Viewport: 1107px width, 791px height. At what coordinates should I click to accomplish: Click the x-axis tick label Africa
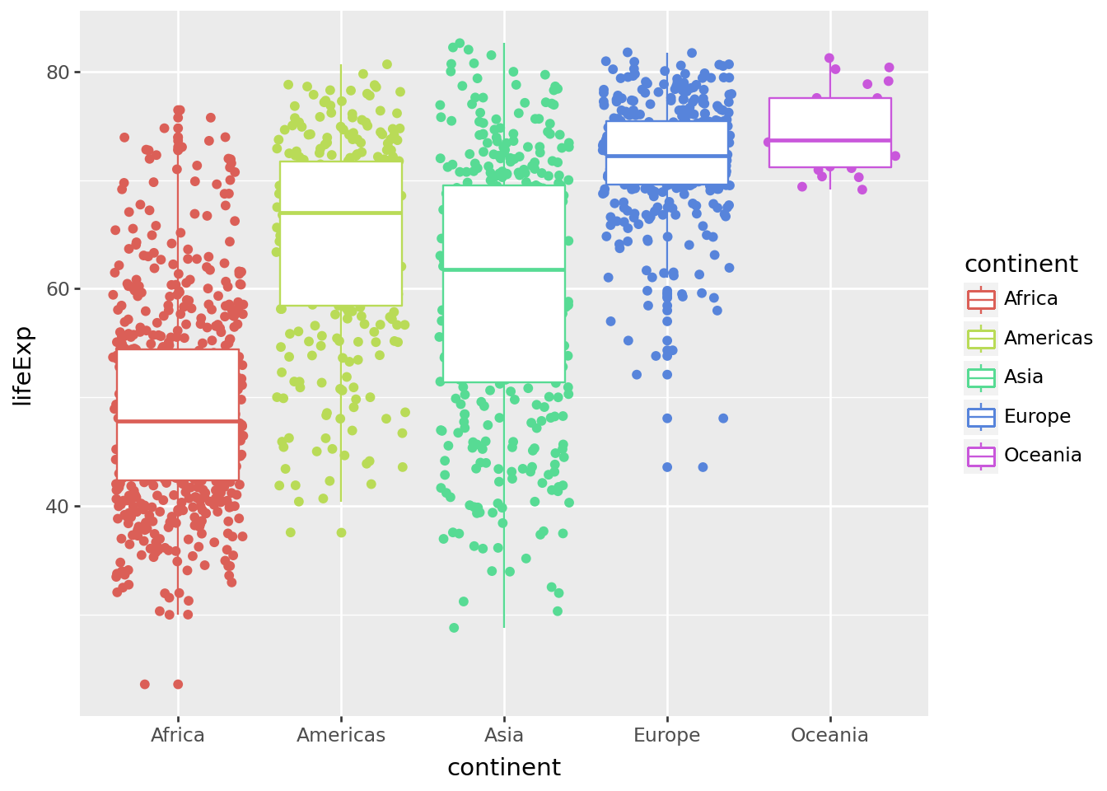click(x=178, y=735)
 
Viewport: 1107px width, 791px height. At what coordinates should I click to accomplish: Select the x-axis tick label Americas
click(x=341, y=735)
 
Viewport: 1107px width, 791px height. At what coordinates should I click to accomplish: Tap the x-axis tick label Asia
click(x=504, y=735)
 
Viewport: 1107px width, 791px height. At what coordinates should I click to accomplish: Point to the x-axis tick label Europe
click(x=666, y=735)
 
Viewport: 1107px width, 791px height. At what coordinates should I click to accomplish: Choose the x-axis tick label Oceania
click(x=829, y=735)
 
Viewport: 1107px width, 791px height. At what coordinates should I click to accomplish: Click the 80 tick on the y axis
click(x=57, y=72)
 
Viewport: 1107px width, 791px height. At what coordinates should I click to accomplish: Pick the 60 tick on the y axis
click(x=57, y=289)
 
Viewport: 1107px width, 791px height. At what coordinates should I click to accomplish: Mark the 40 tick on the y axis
click(x=57, y=506)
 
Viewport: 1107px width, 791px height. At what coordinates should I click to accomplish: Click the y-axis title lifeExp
click(x=23, y=365)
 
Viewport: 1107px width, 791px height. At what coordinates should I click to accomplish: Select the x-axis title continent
click(x=504, y=767)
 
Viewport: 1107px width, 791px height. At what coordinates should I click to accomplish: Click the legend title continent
click(x=1021, y=264)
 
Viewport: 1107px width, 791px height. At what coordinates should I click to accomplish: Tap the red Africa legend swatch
click(x=981, y=299)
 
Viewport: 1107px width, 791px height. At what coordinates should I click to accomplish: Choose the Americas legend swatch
click(x=981, y=339)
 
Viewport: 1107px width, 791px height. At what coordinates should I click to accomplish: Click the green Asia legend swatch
click(x=981, y=377)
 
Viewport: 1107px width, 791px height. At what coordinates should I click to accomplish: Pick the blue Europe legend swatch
click(x=981, y=417)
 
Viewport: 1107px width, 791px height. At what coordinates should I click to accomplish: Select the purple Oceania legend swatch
click(x=981, y=456)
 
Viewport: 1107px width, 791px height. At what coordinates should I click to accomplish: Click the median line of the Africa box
click(x=178, y=421)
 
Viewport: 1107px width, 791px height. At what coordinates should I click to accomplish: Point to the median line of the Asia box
click(x=504, y=269)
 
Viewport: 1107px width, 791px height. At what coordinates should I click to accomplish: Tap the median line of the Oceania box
click(x=829, y=141)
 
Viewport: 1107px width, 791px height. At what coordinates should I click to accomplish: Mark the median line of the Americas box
click(x=341, y=213)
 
